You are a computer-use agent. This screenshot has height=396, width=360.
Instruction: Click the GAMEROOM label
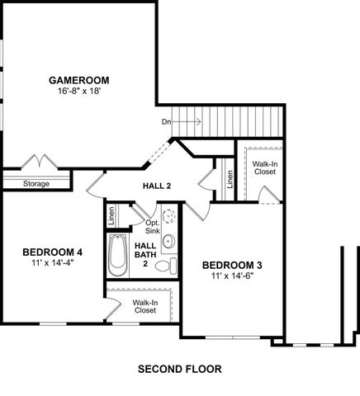click(x=79, y=80)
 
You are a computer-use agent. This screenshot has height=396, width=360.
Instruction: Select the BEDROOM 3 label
click(x=232, y=265)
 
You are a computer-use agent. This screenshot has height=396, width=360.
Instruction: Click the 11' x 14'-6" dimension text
click(x=232, y=276)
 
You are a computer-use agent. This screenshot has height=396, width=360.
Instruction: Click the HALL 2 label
click(x=157, y=186)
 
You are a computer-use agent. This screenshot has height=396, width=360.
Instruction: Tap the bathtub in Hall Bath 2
click(x=116, y=257)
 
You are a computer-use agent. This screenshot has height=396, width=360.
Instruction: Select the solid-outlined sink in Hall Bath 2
click(x=168, y=242)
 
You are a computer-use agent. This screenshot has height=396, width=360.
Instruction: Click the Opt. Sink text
click(x=153, y=227)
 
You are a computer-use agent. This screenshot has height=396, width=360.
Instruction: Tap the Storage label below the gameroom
click(x=36, y=183)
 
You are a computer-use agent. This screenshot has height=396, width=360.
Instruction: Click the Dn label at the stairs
click(x=166, y=122)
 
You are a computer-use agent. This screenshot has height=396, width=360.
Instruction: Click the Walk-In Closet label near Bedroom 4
click(x=145, y=306)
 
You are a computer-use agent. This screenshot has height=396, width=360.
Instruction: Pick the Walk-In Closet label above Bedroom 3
click(x=264, y=169)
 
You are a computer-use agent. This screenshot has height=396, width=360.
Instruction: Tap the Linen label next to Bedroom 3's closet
click(x=230, y=179)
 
